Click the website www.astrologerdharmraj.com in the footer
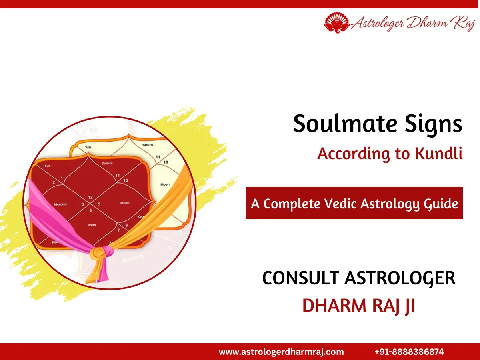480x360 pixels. [x=281, y=352]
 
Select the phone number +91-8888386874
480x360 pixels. [x=409, y=352]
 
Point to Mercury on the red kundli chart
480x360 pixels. [x=60, y=204]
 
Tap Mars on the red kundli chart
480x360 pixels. [x=92, y=225]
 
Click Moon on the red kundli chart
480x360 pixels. [x=125, y=203]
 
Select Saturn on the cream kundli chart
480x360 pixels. [x=148, y=144]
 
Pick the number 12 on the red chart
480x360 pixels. [x=90, y=197]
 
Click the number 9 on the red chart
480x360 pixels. [x=99, y=204]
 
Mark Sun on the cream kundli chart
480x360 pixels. [x=88, y=147]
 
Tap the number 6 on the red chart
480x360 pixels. [x=90, y=210]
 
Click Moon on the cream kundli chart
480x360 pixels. [x=165, y=184]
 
